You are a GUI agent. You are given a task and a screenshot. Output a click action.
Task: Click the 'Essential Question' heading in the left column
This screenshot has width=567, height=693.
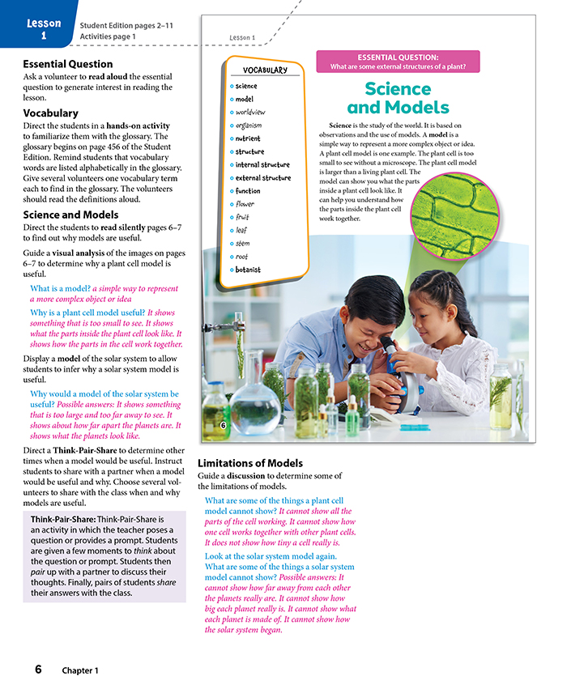pyautogui.click(x=68, y=64)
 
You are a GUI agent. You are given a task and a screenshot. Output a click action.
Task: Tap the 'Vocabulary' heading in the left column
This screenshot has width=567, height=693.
pyautogui.click(x=50, y=113)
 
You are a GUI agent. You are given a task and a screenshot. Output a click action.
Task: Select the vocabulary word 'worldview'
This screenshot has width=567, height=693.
pyautogui.click(x=250, y=112)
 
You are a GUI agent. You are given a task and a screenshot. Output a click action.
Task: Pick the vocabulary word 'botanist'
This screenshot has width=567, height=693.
pyautogui.click(x=248, y=270)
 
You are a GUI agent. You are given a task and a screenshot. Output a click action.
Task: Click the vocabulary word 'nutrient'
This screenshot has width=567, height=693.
pyautogui.click(x=248, y=138)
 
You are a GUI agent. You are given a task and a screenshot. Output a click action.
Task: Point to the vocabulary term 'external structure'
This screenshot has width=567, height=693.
pyautogui.click(x=262, y=178)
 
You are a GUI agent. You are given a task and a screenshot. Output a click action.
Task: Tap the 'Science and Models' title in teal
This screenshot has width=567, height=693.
pyautogui.click(x=398, y=97)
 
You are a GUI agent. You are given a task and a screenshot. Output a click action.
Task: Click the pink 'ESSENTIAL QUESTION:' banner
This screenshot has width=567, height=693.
pyautogui.click(x=398, y=62)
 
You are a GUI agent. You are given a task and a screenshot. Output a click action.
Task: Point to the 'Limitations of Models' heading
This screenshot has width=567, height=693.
pyautogui.click(x=251, y=463)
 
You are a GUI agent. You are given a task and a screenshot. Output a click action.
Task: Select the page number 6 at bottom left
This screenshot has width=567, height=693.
pyautogui.click(x=38, y=670)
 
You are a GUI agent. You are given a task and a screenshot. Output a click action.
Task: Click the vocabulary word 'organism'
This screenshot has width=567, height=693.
pyautogui.click(x=249, y=125)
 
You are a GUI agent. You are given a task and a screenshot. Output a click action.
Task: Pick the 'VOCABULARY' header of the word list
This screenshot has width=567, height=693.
pyautogui.click(x=265, y=70)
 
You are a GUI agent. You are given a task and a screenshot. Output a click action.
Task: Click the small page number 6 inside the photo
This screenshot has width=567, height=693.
pyautogui.click(x=223, y=425)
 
